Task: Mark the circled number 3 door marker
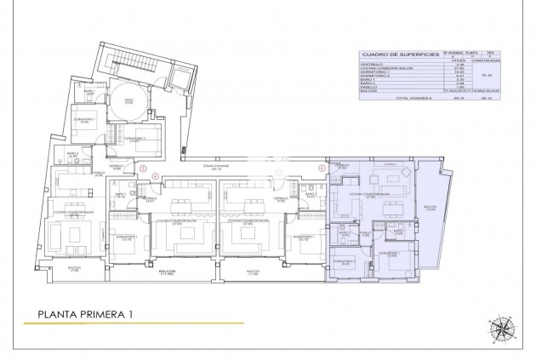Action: pos(144,167)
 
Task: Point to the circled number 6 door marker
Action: pos(322,168)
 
